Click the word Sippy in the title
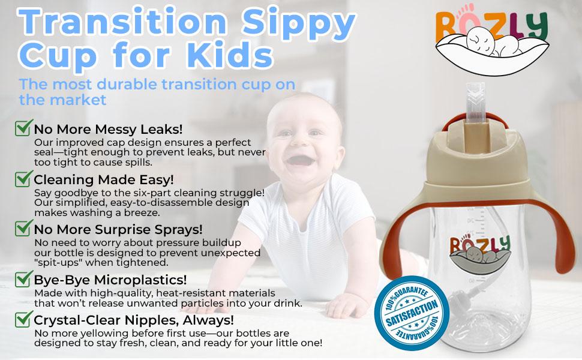(298, 23)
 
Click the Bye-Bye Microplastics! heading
(110, 280)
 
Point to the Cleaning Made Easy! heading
(104, 179)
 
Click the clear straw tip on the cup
(475, 102)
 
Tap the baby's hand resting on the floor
(341, 305)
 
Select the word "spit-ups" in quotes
(55, 263)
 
